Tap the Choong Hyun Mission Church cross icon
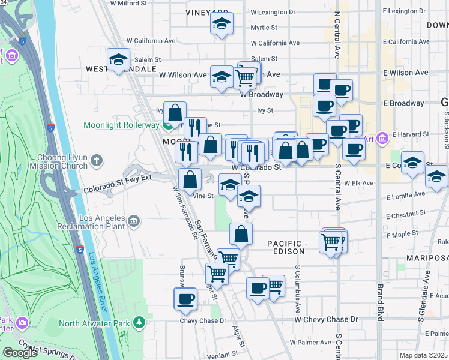pyautogui.click(x=97, y=160)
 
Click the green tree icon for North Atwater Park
pyautogui.click(x=139, y=323)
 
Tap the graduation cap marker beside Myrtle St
pyautogui.click(x=221, y=25)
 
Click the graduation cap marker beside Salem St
pyautogui.click(x=118, y=59)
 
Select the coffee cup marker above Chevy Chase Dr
pyautogui.click(x=185, y=298)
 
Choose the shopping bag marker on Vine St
pyautogui.click(x=190, y=178)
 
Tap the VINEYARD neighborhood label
pyautogui.click(x=207, y=12)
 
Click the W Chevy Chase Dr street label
pyautogui.click(x=325, y=320)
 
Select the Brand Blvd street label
pyautogui.click(x=379, y=294)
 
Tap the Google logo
pyautogui.click(x=20, y=353)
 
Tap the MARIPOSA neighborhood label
pyautogui.click(x=431, y=257)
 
